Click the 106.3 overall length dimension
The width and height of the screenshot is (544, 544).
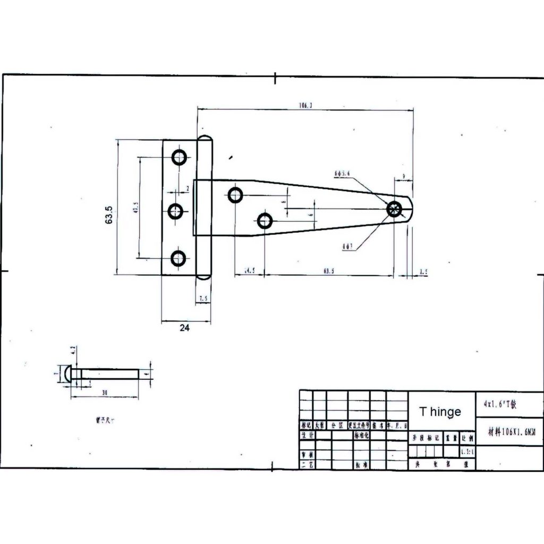305,106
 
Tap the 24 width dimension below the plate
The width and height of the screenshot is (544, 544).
184,328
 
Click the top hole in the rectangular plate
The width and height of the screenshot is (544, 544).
179,157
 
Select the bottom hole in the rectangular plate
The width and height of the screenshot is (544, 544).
178,259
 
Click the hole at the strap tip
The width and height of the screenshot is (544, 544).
395,209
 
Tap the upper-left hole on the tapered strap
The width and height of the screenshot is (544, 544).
235,195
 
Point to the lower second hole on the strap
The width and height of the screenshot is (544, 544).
265,220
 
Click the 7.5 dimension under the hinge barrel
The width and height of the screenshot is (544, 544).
203,300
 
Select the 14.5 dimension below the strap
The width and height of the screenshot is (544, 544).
250,271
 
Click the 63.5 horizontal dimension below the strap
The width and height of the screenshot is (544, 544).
329,271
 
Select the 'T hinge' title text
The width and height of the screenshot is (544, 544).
440,412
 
